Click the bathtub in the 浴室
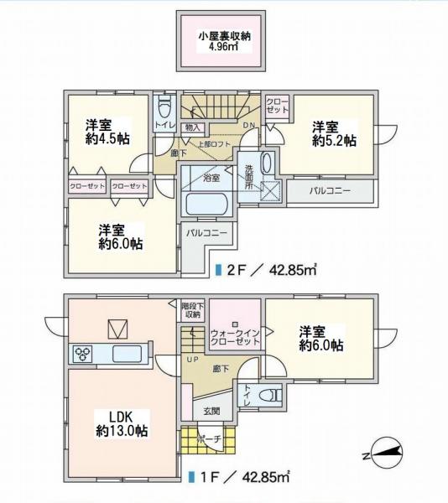click(210, 205)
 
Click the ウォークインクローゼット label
click(236, 337)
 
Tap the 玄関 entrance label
click(211, 412)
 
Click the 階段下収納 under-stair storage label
click(193, 310)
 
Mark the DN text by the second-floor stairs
click(248, 127)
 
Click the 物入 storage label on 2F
click(193, 127)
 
